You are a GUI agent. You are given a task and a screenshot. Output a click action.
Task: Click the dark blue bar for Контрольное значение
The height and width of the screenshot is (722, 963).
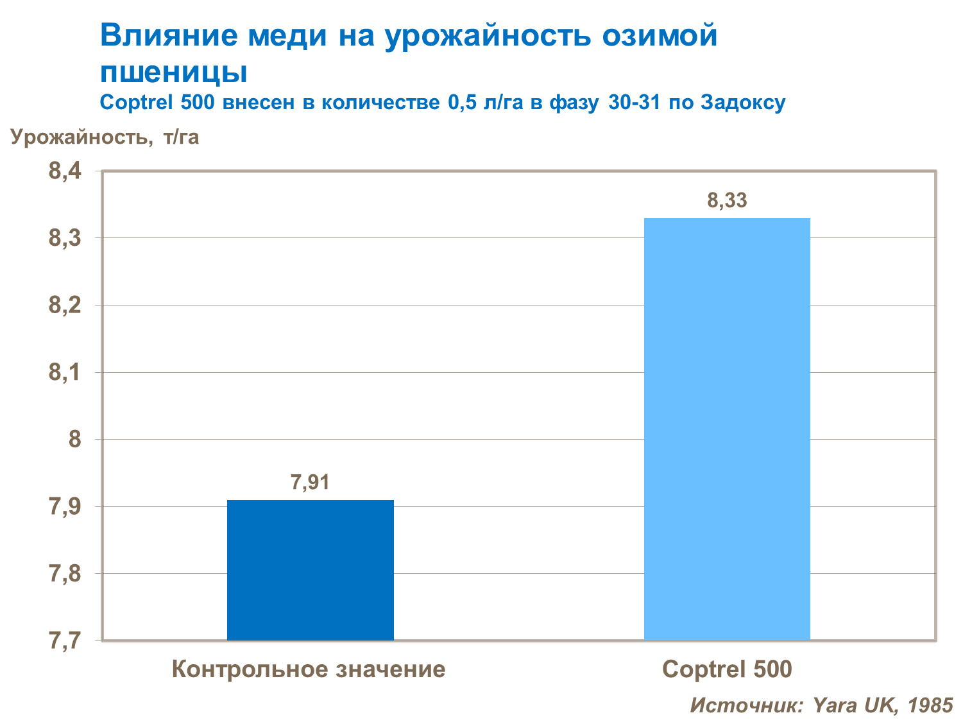310,569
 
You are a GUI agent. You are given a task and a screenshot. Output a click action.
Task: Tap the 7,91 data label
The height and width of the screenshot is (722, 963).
310,482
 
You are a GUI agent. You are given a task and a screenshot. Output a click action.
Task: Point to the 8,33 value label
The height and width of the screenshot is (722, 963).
727,200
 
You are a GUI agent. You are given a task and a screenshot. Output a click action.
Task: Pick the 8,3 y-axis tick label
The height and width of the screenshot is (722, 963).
65,238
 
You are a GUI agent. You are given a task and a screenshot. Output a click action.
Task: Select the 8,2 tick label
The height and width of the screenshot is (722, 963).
65,305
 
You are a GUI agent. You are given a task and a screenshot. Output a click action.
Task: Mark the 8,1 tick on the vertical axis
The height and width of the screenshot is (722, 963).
65,372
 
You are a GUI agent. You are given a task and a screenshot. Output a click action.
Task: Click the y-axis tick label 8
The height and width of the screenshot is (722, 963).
74,439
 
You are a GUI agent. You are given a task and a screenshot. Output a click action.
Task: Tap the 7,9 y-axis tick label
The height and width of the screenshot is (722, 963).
65,506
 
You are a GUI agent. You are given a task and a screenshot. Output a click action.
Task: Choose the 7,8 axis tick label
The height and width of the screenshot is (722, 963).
65,573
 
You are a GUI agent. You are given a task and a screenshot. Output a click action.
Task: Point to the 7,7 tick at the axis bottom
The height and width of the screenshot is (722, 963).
65,640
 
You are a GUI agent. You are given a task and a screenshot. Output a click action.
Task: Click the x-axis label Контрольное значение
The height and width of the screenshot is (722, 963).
309,669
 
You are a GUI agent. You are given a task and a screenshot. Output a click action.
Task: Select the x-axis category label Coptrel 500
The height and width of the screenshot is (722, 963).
727,669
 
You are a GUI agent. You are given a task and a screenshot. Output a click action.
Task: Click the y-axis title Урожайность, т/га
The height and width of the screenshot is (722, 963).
105,137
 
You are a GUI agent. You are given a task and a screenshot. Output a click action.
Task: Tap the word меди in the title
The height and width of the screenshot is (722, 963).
288,36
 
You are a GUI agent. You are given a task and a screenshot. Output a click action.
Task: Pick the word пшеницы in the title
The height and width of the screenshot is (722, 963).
174,72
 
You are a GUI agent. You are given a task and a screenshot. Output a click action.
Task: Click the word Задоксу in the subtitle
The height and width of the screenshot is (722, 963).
742,103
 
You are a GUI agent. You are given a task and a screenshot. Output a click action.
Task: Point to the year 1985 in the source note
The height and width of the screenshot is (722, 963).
930,705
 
